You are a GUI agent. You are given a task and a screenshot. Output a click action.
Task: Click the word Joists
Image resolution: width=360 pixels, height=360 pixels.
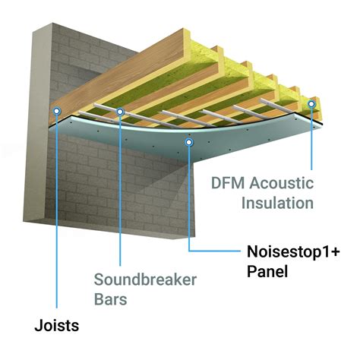[57, 327]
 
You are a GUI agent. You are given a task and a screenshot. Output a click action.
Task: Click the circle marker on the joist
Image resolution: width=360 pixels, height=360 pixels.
[56, 110]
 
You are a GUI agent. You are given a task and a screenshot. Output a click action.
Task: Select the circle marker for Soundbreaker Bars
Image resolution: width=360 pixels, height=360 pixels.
[121, 112]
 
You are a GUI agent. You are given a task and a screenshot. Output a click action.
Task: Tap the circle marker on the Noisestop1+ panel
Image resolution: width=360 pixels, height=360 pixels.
[188, 141]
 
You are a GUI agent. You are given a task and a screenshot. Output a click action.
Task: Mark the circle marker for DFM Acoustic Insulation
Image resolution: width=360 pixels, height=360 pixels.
[311, 101]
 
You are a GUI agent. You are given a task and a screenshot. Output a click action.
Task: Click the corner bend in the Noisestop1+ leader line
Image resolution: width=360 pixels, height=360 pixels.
[188, 248]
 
